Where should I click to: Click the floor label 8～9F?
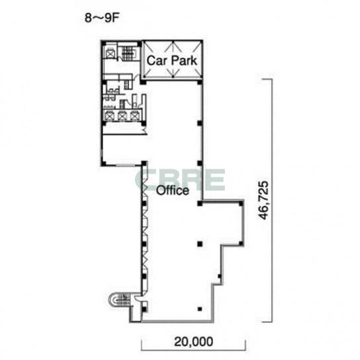(x=101, y=18)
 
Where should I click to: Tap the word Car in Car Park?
(x=157, y=61)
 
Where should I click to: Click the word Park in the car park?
(x=185, y=61)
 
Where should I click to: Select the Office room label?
(x=173, y=191)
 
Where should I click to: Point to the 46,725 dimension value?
(x=263, y=201)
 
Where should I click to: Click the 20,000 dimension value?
(x=193, y=341)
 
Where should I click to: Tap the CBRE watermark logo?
(x=180, y=180)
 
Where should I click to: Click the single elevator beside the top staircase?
(x=109, y=54)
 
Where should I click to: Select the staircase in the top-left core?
(x=127, y=53)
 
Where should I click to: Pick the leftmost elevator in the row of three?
(x=109, y=116)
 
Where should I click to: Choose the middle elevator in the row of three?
(x=122, y=116)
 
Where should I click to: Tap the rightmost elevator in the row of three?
(x=134, y=116)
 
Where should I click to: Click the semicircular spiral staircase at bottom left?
(x=118, y=300)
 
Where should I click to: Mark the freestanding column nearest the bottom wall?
(x=200, y=309)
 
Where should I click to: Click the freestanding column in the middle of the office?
(x=200, y=244)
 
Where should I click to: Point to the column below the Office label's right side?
(x=200, y=203)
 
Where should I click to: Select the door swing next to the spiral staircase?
(x=138, y=298)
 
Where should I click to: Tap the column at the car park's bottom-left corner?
(x=143, y=82)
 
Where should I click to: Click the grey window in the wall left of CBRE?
(x=125, y=165)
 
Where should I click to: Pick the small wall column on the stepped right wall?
(x=220, y=276)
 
